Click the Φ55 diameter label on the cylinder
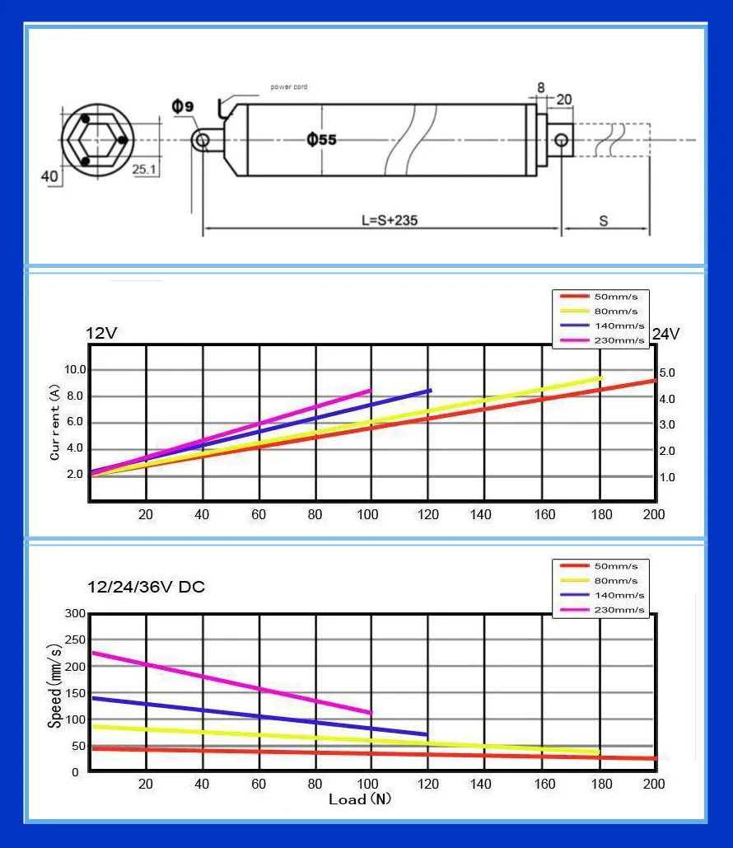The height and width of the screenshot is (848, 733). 322,139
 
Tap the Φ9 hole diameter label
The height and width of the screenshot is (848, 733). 183,106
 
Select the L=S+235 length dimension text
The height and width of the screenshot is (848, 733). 390,220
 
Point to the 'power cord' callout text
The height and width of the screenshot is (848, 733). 288,87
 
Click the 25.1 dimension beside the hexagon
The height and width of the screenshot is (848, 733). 144,169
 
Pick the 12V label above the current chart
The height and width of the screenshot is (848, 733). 101,333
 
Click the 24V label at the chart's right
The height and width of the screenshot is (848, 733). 666,335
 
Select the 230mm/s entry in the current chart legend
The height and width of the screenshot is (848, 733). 602,340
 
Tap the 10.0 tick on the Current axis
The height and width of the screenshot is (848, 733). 75,370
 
